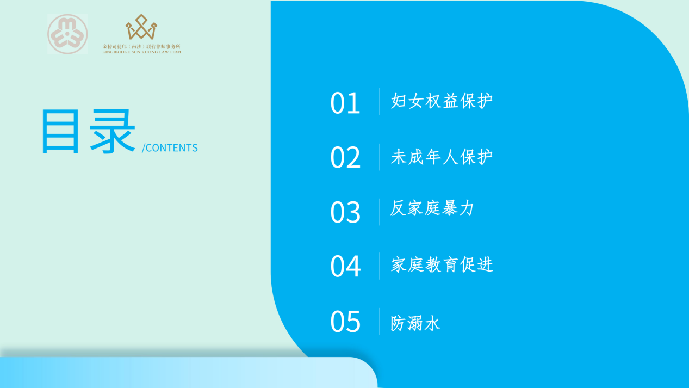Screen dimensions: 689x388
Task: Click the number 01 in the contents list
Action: (x=345, y=103)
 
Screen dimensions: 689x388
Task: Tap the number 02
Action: (x=345, y=157)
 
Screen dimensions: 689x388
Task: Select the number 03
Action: (x=345, y=212)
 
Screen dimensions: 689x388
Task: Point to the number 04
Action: (x=345, y=266)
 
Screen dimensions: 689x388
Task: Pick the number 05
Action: (x=345, y=322)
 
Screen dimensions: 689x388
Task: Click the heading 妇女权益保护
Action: (x=442, y=100)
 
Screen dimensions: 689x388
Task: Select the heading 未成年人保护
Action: (x=442, y=157)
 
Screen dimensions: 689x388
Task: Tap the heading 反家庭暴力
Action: (x=432, y=208)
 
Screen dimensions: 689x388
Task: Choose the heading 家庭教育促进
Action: (x=442, y=264)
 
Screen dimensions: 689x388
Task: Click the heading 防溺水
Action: (x=415, y=323)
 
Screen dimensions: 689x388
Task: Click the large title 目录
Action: (x=89, y=131)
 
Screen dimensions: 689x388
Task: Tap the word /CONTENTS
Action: (x=170, y=147)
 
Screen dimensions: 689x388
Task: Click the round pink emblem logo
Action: (x=67, y=34)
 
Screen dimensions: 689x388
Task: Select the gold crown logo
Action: (x=141, y=27)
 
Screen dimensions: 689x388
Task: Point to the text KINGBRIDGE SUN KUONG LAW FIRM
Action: (x=141, y=52)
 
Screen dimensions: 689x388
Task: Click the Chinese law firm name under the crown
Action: (x=141, y=46)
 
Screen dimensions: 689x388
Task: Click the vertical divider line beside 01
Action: (x=380, y=102)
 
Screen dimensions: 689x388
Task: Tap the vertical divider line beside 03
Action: (x=380, y=212)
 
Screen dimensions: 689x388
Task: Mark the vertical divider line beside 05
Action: (x=380, y=321)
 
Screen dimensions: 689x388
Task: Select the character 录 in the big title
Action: (x=113, y=131)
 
